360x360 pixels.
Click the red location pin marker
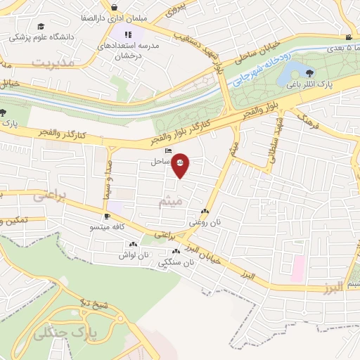pyautogui.click(x=181, y=165)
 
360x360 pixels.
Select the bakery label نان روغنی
pyautogui.click(x=204, y=221)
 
